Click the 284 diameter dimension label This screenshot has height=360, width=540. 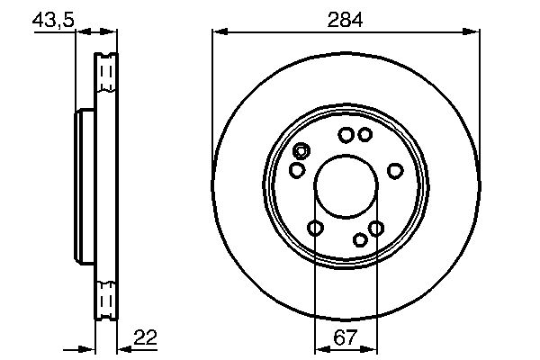click(x=345, y=20)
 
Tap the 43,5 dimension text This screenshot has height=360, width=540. click(x=53, y=20)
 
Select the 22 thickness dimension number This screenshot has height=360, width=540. click(x=145, y=337)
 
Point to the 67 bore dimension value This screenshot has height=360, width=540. click(x=346, y=337)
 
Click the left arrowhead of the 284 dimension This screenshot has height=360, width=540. click(x=220, y=32)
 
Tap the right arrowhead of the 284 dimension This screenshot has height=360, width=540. click(x=471, y=32)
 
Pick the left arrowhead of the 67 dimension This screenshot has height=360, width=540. click(x=323, y=350)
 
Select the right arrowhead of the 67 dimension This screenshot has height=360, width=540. click(x=369, y=350)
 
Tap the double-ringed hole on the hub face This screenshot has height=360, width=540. click(x=301, y=151)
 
